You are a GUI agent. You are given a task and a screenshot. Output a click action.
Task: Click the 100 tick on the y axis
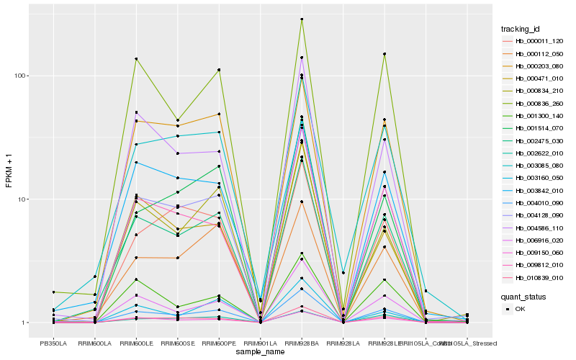tap(19, 76)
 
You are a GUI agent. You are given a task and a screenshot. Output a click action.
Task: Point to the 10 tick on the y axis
tap(22, 199)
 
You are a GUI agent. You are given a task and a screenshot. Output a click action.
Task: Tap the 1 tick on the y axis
tap(24, 323)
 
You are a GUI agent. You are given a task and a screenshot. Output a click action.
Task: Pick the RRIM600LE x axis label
tap(136, 343)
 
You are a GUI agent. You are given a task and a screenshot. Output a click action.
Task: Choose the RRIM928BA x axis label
tap(301, 343)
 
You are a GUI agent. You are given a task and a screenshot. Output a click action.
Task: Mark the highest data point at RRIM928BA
tap(302, 19)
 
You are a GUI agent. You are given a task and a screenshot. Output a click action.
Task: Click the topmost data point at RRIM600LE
tap(136, 59)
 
